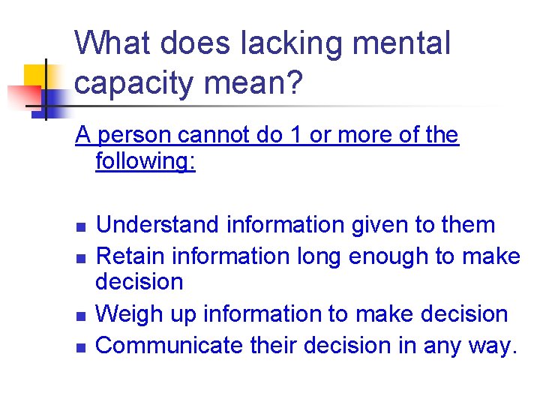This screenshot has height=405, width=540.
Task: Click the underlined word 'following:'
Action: (145, 161)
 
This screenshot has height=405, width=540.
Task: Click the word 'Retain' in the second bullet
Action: (130, 256)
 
